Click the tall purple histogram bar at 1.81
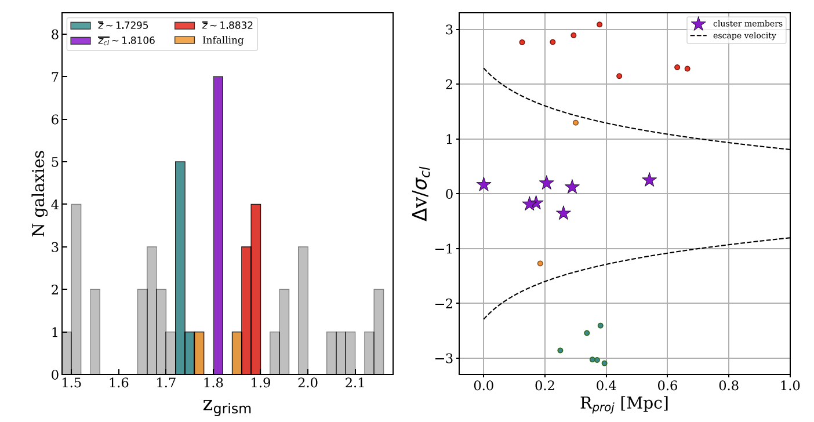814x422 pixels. pos(218,225)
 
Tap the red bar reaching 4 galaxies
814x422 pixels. pos(256,289)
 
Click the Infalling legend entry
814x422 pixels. pos(223,41)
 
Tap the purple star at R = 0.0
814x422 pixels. pos(484,185)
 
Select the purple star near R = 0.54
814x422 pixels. pos(649,180)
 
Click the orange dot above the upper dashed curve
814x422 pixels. pos(576,123)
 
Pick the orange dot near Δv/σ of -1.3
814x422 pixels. pos(540,263)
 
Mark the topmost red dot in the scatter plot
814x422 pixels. pos(599,24)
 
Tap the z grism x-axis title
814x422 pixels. pos(227,406)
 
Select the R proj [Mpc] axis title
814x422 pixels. pos(624,403)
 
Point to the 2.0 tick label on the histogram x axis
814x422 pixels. pos(307,384)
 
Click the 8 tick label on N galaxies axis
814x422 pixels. pos(55,35)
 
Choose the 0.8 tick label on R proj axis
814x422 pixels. pos(729,384)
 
